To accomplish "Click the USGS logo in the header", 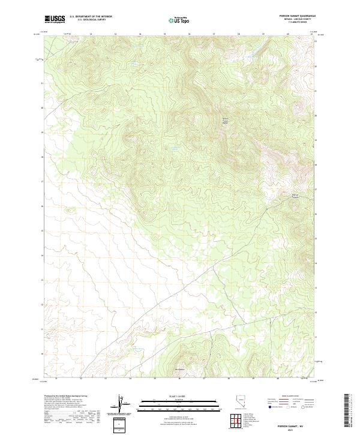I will [55, 19].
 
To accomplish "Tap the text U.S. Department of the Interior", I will [91, 17].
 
